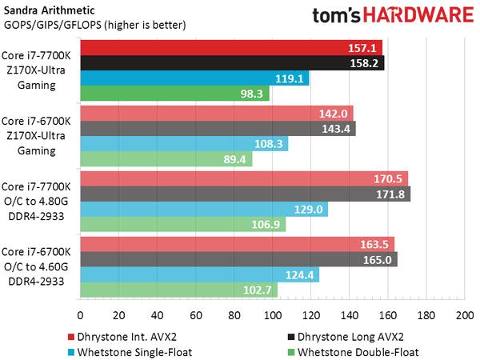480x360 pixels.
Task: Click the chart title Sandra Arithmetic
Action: coord(47,10)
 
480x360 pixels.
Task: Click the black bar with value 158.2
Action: coord(232,62)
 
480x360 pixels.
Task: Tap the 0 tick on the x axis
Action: coord(80,316)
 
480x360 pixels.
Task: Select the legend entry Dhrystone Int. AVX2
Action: coord(127,334)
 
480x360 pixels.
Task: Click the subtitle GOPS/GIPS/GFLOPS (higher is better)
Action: coord(94,24)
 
